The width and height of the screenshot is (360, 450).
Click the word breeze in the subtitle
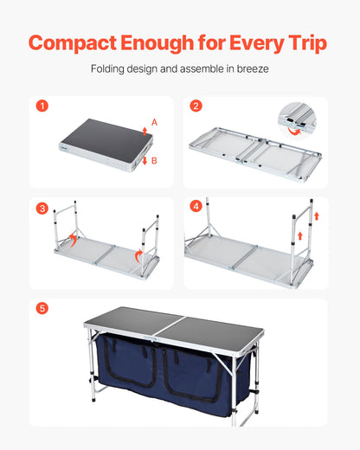(253, 70)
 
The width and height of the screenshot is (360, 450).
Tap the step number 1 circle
(42, 106)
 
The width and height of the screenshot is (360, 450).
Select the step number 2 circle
(196, 106)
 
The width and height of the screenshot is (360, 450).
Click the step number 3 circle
(42, 208)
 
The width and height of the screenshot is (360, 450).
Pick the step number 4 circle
(196, 208)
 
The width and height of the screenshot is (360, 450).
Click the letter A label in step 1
(154, 123)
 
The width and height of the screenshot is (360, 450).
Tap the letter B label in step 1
(154, 160)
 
